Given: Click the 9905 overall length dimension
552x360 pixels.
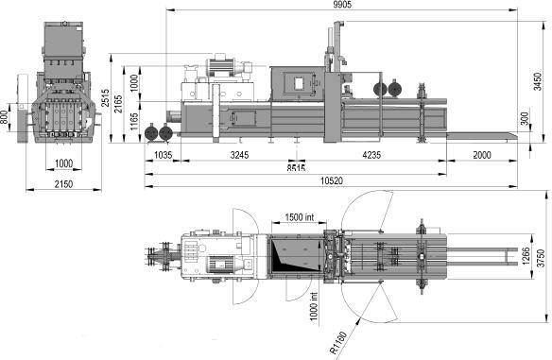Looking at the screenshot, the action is coord(342,5).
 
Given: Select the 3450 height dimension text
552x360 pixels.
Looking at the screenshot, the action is coord(537,81).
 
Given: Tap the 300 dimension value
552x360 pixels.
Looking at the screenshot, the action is coord(525,119).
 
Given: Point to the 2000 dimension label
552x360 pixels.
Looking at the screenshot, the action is coord(482,155).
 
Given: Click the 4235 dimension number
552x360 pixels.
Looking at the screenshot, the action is coord(371,155).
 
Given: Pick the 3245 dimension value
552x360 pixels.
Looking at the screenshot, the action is coord(239,155).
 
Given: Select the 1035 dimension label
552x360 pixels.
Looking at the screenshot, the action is coord(164,155).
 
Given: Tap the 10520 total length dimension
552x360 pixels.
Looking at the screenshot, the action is coord(332,180).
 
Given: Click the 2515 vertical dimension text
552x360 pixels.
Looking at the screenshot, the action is coord(105,98).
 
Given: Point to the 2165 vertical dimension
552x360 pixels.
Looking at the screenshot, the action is coord(119,104).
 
